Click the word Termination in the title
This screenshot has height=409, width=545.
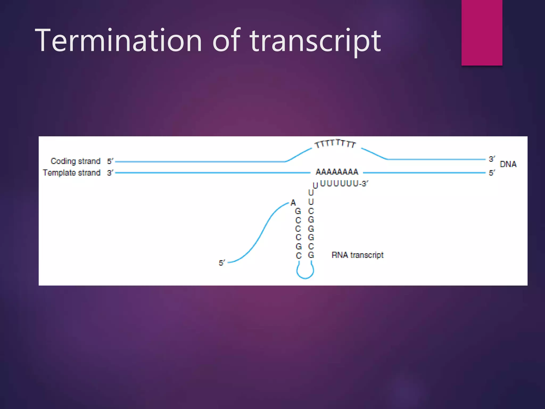click(118, 41)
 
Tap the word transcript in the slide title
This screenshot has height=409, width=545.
click(315, 41)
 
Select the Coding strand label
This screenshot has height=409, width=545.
click(76, 161)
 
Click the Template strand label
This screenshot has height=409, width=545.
click(72, 173)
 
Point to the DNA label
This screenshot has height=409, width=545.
click(508, 164)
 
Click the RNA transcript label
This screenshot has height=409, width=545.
click(357, 255)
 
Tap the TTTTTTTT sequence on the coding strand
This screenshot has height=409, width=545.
click(335, 144)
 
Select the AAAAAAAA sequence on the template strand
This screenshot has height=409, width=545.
click(337, 172)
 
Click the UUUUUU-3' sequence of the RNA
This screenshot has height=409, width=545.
click(344, 183)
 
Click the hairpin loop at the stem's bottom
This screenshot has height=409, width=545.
click(305, 273)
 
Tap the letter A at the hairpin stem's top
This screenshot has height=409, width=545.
click(293, 203)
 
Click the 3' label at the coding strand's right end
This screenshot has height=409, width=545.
click(492, 159)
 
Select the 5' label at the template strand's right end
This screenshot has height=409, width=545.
click(492, 173)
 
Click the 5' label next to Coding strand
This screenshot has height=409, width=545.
click(110, 161)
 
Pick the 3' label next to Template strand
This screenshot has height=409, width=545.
click(110, 173)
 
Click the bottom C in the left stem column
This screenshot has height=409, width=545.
click(299, 256)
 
